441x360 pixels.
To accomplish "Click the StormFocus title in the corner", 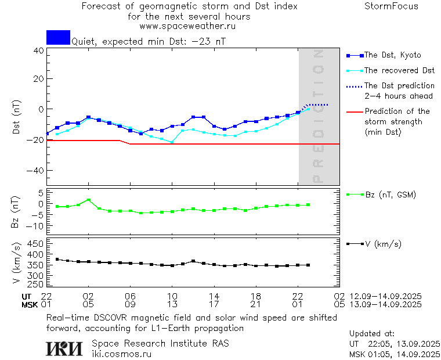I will tap(391, 6).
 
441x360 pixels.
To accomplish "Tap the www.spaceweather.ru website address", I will tap(187, 26).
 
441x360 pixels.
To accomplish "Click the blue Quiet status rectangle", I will tap(58, 37).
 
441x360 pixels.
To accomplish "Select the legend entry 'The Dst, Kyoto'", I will tap(392, 55).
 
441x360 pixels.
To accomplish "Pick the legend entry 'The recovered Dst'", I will tap(399, 70).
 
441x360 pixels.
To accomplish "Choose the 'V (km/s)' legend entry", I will tap(382, 244).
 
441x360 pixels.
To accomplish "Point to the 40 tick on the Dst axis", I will tap(38, 51).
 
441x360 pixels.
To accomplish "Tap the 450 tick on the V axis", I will tap(35, 243).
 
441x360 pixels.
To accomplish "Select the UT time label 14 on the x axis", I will tap(214, 296).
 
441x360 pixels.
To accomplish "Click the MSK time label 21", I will tap(256, 304).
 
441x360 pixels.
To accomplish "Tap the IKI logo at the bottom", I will tap(64, 348).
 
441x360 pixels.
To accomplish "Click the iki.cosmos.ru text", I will tap(121, 354).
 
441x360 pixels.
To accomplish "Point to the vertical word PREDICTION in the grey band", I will tap(317, 116).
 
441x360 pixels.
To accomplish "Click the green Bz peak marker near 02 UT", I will tap(88, 200).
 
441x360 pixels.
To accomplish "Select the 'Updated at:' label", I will tap(371, 334).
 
